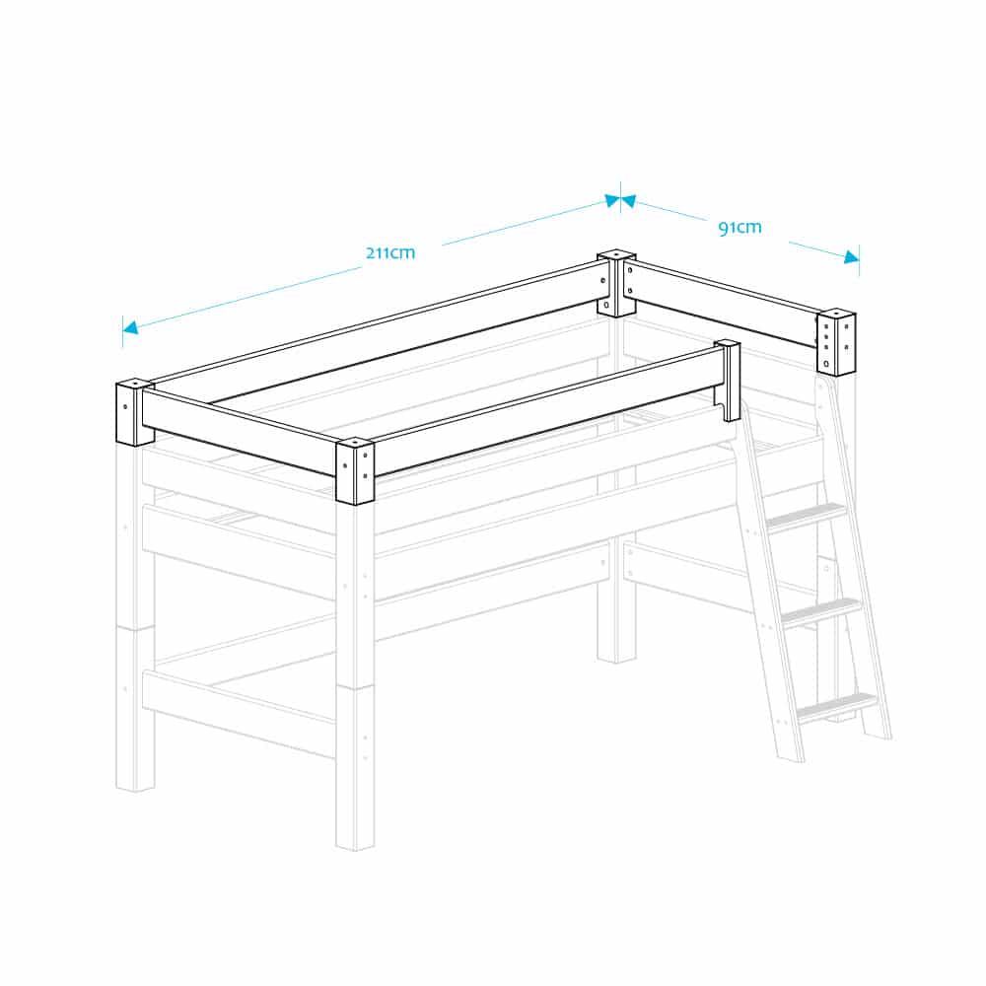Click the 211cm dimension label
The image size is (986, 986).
390,252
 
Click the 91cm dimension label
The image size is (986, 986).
739,227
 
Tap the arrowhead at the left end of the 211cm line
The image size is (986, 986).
129,327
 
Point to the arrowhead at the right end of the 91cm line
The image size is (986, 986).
852,256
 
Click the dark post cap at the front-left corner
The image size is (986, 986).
134,412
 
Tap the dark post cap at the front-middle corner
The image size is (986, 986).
355,471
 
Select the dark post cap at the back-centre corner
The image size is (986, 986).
616,283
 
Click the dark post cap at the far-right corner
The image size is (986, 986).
836,342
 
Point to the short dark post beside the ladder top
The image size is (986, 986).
730,381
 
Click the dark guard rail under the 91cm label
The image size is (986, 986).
722,305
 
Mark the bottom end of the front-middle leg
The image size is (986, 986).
355,848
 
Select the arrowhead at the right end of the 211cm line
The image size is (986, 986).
612,200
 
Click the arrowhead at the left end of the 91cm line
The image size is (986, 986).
628,200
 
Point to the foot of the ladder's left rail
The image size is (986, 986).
791,759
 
